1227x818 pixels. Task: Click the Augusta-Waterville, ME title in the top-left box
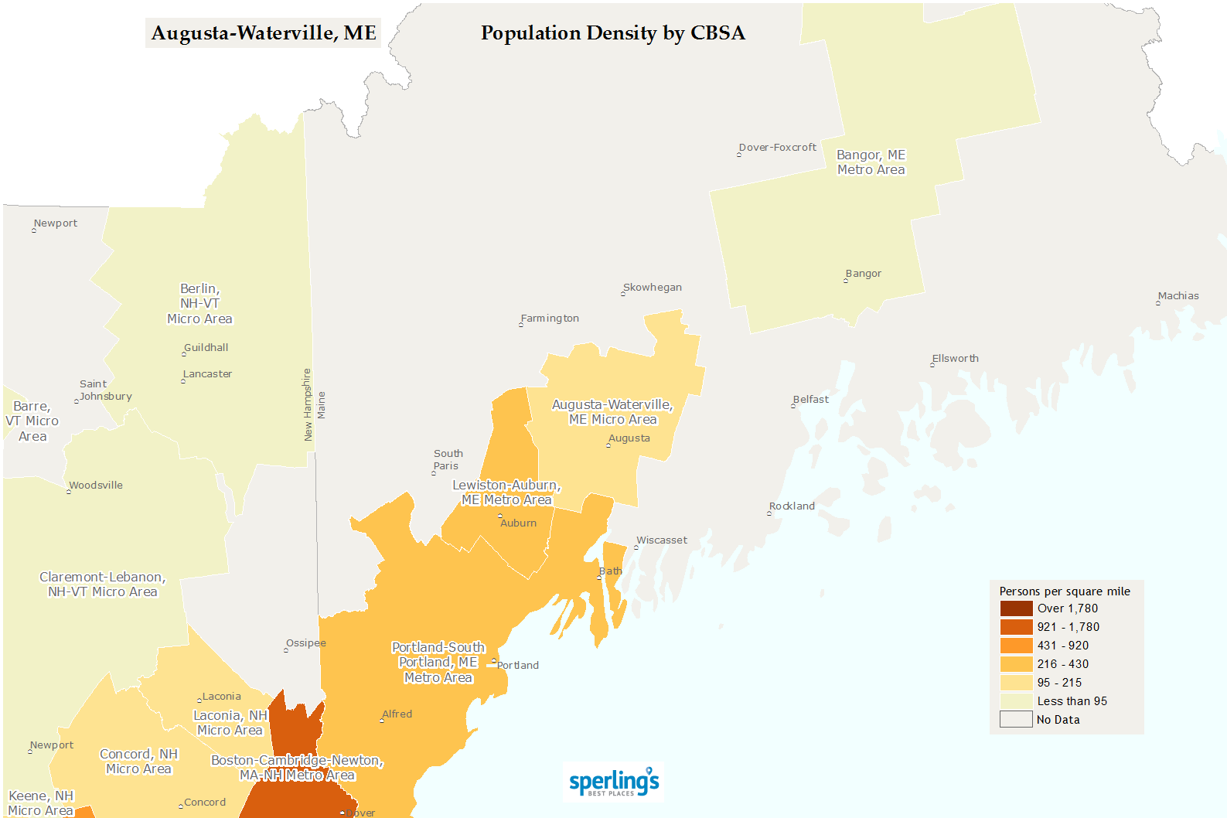[x=263, y=33]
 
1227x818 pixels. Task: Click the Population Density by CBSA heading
[x=612, y=33]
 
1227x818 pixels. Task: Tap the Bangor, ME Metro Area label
[x=871, y=162]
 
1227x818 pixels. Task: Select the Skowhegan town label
[x=652, y=288]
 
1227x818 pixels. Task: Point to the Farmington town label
[x=550, y=319]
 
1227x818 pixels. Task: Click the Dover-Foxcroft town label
[x=777, y=148]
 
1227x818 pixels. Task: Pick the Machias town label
[x=1178, y=296]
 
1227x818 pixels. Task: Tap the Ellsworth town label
[x=955, y=359]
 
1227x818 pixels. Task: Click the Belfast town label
[x=810, y=400]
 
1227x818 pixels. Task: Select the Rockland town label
[x=792, y=506]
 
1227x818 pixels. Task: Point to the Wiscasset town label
[x=661, y=540]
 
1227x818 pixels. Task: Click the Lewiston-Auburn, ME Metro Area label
[x=506, y=493]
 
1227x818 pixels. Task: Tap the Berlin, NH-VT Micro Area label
[x=199, y=304]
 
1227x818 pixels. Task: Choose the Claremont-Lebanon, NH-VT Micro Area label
[x=103, y=585]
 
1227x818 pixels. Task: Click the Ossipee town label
[x=305, y=643]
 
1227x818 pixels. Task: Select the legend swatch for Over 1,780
[x=1016, y=608]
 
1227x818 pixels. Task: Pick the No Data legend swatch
[x=1016, y=720]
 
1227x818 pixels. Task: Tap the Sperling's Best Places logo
[x=614, y=782]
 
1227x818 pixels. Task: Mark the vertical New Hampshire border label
[x=307, y=405]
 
